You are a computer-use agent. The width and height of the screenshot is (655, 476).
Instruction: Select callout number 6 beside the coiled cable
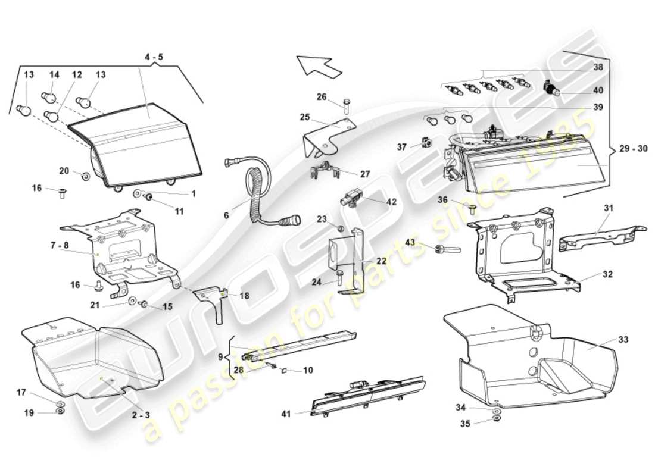pyautogui.click(x=226, y=215)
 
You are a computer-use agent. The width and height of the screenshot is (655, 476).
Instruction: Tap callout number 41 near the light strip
pyautogui.click(x=286, y=413)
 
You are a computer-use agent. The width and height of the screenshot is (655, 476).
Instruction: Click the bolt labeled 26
pyautogui.click(x=346, y=107)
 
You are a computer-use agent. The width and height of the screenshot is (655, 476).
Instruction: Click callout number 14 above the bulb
pyautogui.click(x=54, y=75)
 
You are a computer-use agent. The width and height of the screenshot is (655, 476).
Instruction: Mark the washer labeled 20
pyautogui.click(x=86, y=176)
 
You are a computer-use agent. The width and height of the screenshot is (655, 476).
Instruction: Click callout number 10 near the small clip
pyautogui.click(x=308, y=370)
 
